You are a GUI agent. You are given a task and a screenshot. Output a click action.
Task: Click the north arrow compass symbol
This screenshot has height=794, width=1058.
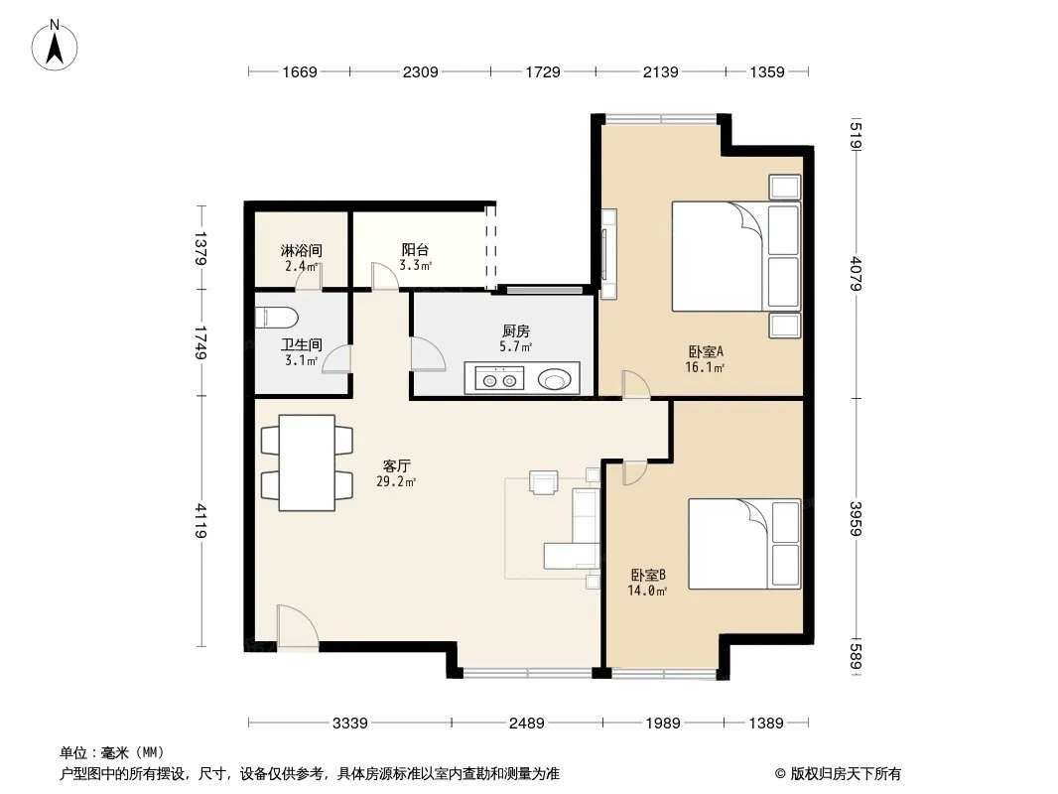click(x=55, y=46)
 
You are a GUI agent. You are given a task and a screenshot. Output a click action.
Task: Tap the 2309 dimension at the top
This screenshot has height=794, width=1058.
click(x=421, y=71)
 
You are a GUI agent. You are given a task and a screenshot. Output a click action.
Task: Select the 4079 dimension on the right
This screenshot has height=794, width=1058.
click(x=857, y=273)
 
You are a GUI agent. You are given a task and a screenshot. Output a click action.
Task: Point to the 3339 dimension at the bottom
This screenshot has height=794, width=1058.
click(x=350, y=724)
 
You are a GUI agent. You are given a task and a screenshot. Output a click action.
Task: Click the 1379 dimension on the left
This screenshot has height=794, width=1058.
click(x=200, y=247)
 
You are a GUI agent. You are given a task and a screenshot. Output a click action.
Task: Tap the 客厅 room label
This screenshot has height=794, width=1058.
click(x=397, y=465)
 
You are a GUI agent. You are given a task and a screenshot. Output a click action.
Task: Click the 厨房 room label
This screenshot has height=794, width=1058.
click(x=515, y=331)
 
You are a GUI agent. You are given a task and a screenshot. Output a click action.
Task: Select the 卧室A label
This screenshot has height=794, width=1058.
click(x=705, y=351)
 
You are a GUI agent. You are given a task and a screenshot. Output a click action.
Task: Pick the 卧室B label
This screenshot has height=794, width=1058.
click(x=648, y=575)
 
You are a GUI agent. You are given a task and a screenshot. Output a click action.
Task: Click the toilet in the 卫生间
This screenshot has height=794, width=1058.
click(x=277, y=318)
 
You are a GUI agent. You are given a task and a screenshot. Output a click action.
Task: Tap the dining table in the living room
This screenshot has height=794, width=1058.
click(x=307, y=463)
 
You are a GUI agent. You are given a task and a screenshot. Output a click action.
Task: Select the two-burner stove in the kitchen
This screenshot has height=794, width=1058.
click(x=499, y=379)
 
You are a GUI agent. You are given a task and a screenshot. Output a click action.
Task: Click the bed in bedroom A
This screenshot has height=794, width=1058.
click(x=736, y=256)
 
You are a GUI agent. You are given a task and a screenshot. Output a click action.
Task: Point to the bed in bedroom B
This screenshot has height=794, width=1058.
click(x=744, y=543)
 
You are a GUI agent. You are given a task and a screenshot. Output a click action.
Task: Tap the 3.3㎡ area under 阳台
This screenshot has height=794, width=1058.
click(x=415, y=265)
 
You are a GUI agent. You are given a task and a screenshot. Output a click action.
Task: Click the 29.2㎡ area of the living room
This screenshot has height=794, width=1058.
click(x=396, y=481)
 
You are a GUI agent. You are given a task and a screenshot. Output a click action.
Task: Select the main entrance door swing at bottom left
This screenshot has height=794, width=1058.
click(x=297, y=626)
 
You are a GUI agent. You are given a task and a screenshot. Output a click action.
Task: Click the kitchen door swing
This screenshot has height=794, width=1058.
click(x=428, y=353)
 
